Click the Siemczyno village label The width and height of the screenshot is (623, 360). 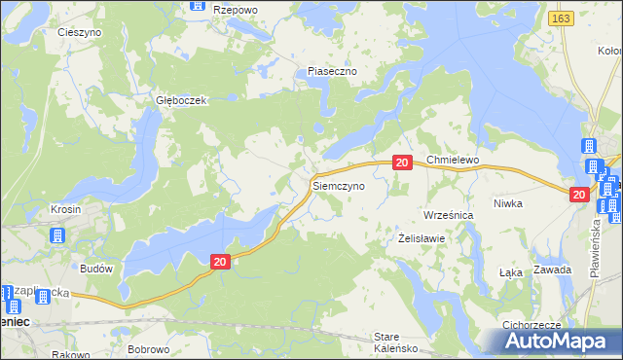338,184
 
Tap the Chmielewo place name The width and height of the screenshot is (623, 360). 454,160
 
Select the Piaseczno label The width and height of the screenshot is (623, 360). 333,72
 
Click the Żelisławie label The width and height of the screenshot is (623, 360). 422,238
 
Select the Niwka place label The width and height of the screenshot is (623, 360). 535,203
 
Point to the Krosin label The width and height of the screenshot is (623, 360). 65,210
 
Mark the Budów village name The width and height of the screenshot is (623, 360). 98,269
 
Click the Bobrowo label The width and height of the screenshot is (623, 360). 149,348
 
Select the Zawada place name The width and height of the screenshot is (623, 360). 553,270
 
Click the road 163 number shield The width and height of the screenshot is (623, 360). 560,18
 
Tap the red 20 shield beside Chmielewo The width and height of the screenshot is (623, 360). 402,163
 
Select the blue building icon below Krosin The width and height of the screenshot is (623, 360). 56,235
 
